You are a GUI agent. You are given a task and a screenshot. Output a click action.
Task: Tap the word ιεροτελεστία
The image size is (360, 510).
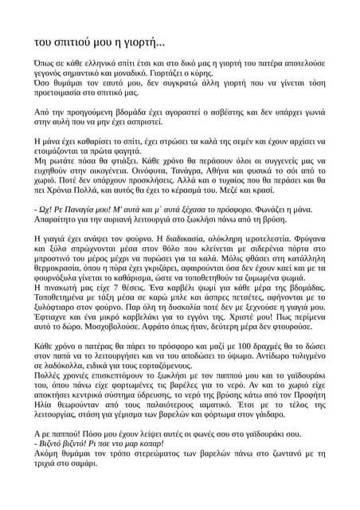click(284, 238)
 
